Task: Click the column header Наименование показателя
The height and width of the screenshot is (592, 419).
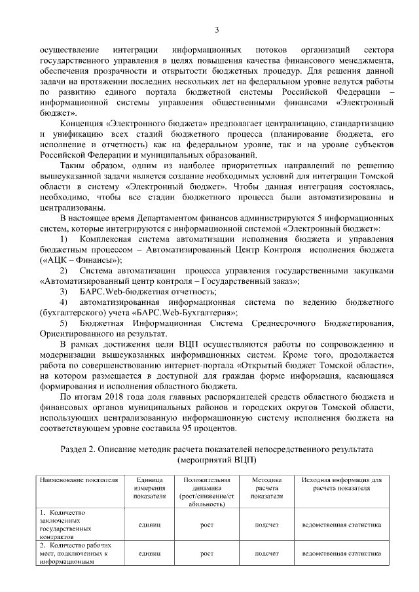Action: pyautogui.click(x=79, y=480)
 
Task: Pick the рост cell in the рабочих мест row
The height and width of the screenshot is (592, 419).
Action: pyautogui.click(x=207, y=553)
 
